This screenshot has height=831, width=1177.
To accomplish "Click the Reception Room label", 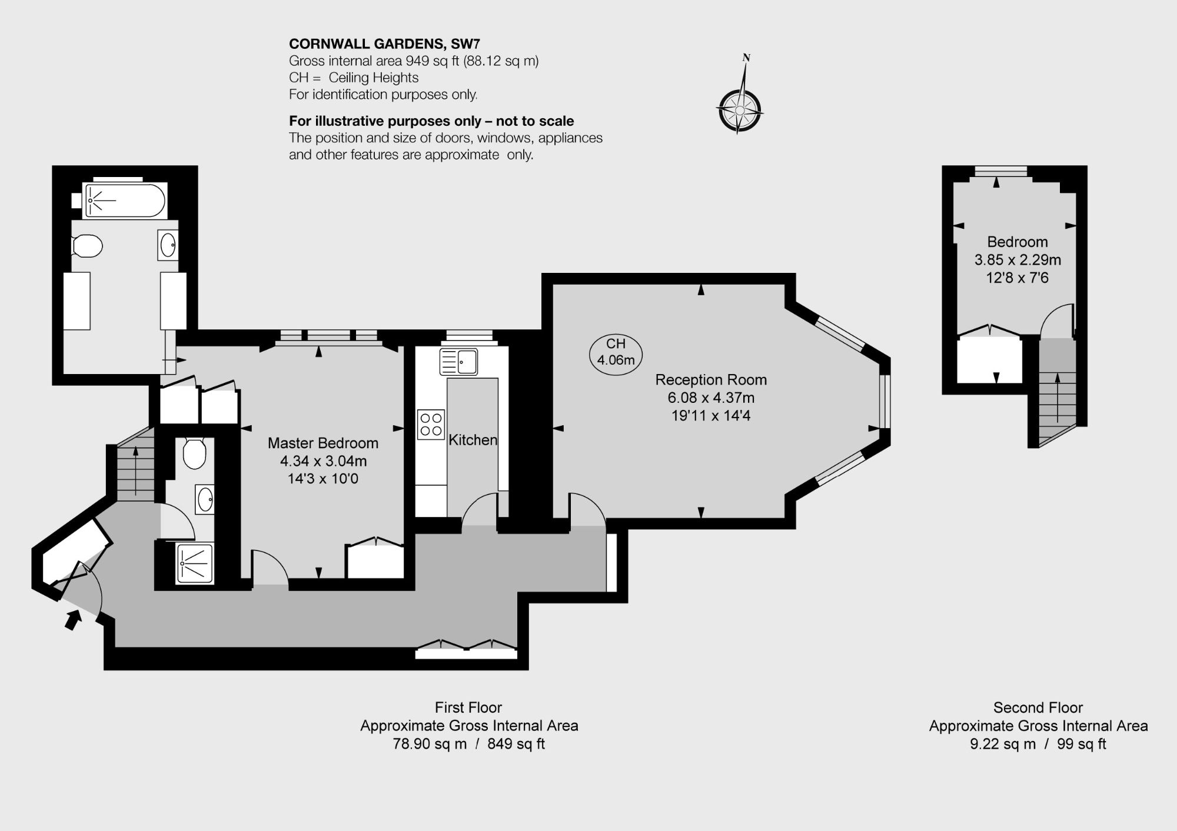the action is click(x=711, y=380).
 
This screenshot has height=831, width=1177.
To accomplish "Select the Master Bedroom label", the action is click(x=323, y=443).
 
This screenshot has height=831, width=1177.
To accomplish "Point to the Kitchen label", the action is click(x=473, y=440).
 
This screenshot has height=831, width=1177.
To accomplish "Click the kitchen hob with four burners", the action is click(x=431, y=425).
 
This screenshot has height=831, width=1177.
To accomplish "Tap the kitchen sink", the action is click(x=458, y=361).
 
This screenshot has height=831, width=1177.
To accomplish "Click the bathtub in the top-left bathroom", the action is click(x=125, y=200).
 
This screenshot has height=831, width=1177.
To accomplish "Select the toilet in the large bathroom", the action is click(x=87, y=246).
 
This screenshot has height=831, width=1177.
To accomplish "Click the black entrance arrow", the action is click(x=72, y=620).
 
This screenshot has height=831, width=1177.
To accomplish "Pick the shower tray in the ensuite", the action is click(x=195, y=563).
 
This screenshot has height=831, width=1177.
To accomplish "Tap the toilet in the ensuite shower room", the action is click(x=194, y=453).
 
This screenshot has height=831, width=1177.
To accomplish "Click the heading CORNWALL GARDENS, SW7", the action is click(x=384, y=44).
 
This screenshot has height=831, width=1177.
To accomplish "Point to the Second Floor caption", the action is click(x=1038, y=707).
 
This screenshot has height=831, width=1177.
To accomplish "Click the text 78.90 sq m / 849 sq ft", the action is click(x=469, y=744).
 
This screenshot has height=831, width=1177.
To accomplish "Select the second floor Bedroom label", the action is click(x=1018, y=242).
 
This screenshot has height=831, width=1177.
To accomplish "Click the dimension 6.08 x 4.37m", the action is click(x=711, y=398).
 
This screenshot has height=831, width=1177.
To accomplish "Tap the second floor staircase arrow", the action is click(x=1058, y=398).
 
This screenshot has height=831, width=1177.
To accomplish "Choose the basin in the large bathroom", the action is click(x=168, y=245).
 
